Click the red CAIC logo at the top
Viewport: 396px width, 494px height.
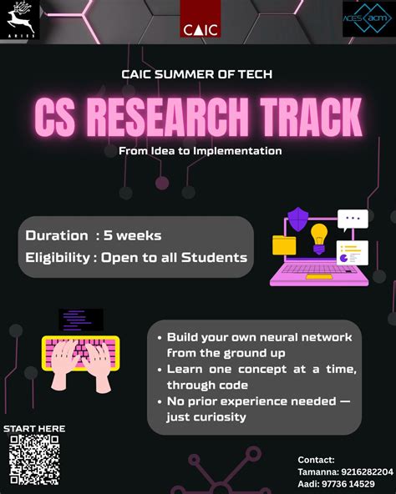(200, 20)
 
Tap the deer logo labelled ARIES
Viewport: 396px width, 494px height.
(20, 18)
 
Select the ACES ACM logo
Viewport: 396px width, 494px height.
(368, 19)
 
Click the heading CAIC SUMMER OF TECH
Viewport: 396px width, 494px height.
(197, 74)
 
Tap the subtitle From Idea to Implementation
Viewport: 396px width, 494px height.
(195, 151)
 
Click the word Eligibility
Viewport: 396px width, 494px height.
(58, 257)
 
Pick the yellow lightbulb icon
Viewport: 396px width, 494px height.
(319, 236)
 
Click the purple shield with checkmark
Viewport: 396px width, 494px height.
(297, 220)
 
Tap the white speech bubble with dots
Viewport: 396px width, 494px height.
(353, 219)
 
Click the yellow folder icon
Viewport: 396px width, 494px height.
(284, 244)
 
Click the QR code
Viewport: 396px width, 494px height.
(34, 459)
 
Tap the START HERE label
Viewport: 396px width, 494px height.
(34, 429)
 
